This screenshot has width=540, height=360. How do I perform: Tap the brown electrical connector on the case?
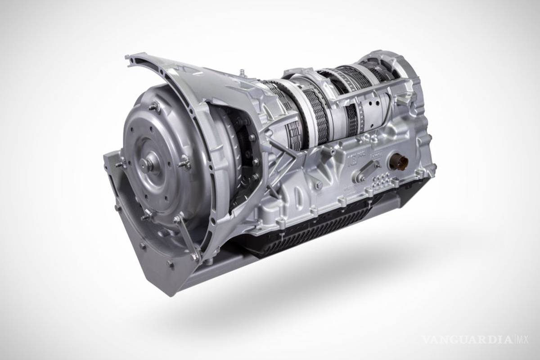pos(399,162)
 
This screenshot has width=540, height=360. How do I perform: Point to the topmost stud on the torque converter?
pos(155,106)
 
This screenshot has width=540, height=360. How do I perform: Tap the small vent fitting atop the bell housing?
pos(242,72)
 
